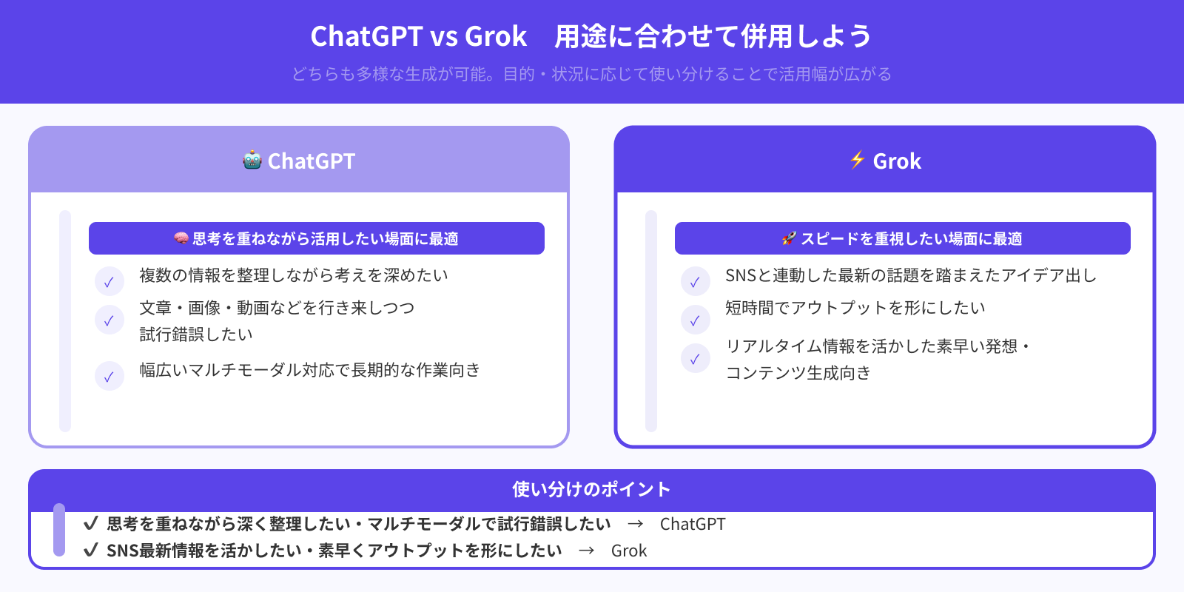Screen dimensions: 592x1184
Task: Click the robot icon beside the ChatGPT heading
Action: point(252,160)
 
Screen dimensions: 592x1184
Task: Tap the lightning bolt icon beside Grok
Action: point(857,160)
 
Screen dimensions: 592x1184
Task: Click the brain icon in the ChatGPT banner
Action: point(181,238)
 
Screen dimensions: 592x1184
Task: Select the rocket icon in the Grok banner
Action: point(789,238)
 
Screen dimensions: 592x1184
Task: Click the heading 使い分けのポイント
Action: point(591,489)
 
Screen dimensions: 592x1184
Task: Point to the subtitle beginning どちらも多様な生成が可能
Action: point(591,74)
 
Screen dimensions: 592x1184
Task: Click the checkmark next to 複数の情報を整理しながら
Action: point(110,281)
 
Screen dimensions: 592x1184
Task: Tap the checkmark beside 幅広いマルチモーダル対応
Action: point(110,376)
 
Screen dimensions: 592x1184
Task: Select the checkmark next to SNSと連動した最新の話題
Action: point(696,281)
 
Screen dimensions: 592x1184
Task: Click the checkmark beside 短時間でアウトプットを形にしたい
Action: point(696,320)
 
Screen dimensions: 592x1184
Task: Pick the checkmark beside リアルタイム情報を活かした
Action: point(696,358)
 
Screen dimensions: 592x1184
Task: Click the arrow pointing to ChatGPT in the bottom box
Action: point(635,524)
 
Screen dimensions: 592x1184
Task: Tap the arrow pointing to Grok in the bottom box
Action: point(586,551)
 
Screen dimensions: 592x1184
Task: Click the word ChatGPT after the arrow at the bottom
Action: point(693,524)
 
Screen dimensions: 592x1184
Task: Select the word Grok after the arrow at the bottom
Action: point(629,551)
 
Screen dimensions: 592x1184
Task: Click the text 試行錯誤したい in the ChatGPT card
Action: point(196,334)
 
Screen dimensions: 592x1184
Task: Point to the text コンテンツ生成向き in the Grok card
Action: point(798,373)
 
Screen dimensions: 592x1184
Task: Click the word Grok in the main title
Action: point(496,36)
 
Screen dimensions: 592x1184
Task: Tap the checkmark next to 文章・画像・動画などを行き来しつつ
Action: point(110,320)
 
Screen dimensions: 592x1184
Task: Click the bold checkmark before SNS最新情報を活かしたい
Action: point(91,550)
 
